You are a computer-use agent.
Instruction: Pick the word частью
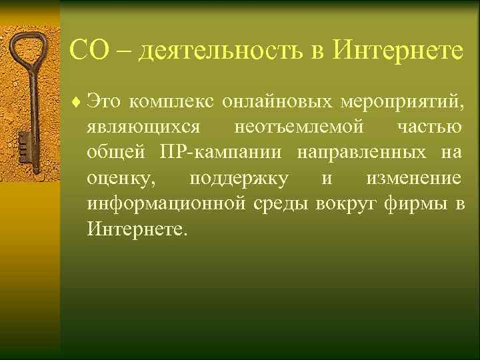pos(432,128)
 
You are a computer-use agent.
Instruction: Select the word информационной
pos(167,203)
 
